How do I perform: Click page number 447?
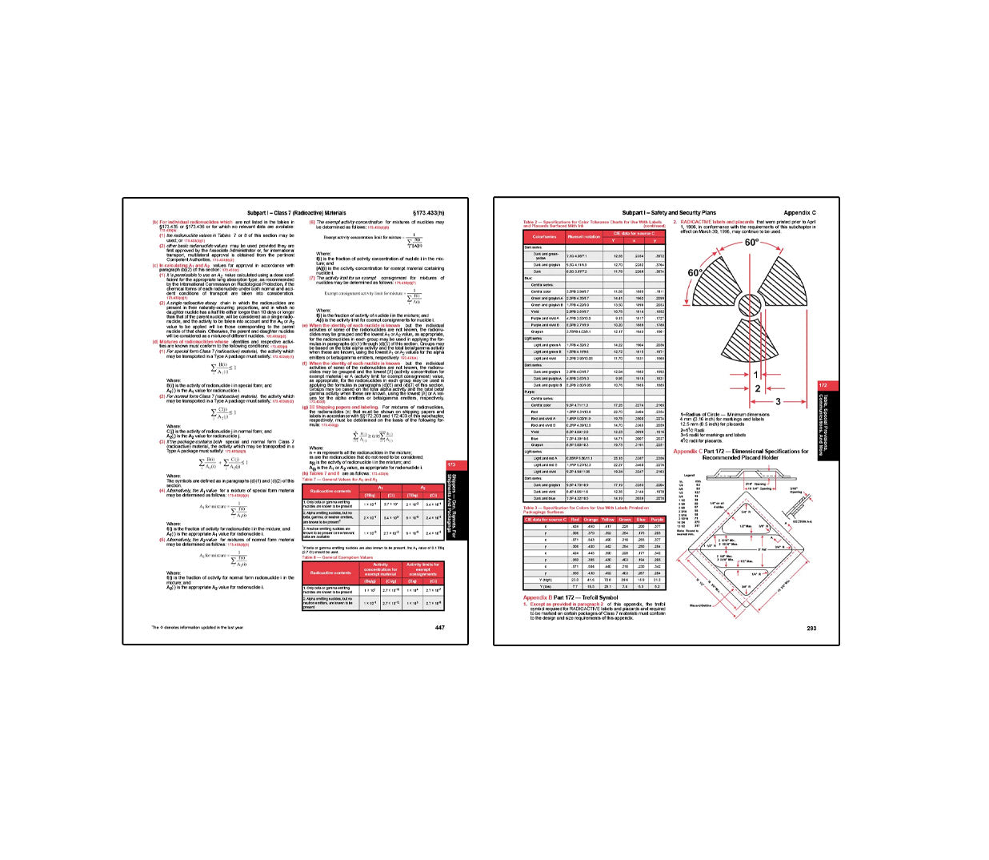[x=439, y=628]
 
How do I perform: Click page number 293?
[x=811, y=629]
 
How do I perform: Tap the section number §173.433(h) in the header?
[x=428, y=213]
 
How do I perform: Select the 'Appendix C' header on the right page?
[x=799, y=213]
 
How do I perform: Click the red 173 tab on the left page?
[x=451, y=464]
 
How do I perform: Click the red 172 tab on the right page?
[x=823, y=385]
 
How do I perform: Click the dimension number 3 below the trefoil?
[x=778, y=402]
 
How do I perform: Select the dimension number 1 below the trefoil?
[x=756, y=375]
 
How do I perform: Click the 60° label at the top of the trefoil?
[x=751, y=243]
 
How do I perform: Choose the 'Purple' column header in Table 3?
[x=657, y=520]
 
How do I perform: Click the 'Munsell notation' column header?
[x=583, y=237]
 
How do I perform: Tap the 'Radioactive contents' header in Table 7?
[x=330, y=491]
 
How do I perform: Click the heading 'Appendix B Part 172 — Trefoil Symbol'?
[x=571, y=597]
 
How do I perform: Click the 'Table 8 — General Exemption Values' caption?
[x=337, y=557]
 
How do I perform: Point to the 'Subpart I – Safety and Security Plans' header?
[x=669, y=213]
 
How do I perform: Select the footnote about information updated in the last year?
[x=198, y=628]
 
